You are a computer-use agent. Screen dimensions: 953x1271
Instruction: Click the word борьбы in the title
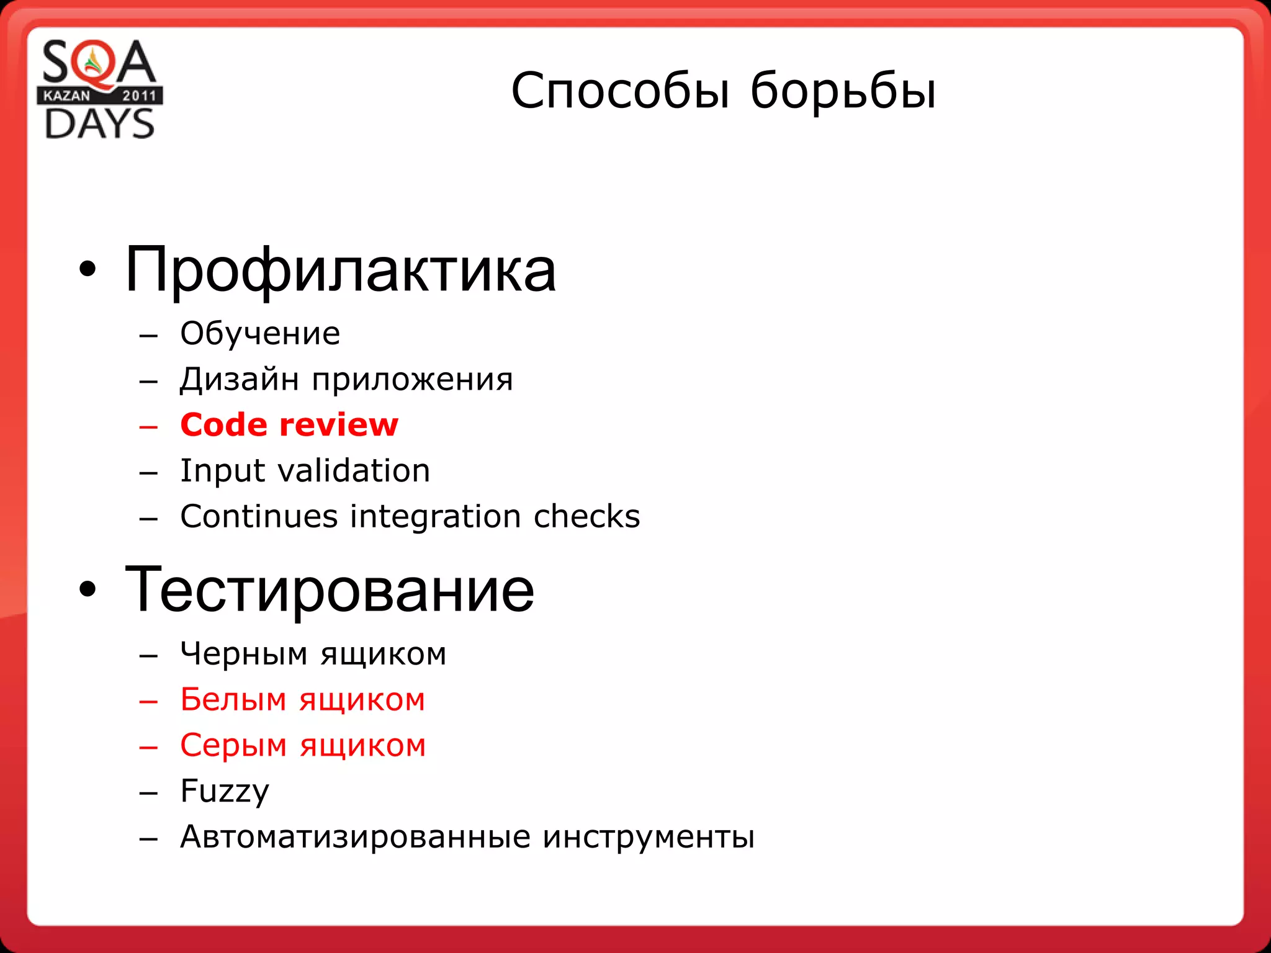tap(843, 91)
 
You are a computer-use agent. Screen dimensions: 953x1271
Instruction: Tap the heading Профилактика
tap(340, 271)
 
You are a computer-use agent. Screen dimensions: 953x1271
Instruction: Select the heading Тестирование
tap(329, 590)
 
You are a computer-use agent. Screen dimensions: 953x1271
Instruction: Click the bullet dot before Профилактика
tap(88, 269)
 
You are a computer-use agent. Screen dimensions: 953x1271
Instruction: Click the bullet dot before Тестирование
tap(88, 590)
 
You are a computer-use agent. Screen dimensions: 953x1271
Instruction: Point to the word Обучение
tap(260, 334)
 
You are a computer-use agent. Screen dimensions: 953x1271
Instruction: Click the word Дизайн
tap(240, 379)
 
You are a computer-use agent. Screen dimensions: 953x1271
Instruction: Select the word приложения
tap(412, 379)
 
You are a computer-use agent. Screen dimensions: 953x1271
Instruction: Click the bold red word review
tap(339, 425)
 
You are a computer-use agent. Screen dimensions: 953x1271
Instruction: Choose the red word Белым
tap(233, 700)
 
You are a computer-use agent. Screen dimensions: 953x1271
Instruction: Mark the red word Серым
tap(233, 745)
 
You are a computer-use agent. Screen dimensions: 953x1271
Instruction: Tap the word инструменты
tap(649, 837)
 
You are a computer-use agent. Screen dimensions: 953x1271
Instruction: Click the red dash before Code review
tap(149, 426)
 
